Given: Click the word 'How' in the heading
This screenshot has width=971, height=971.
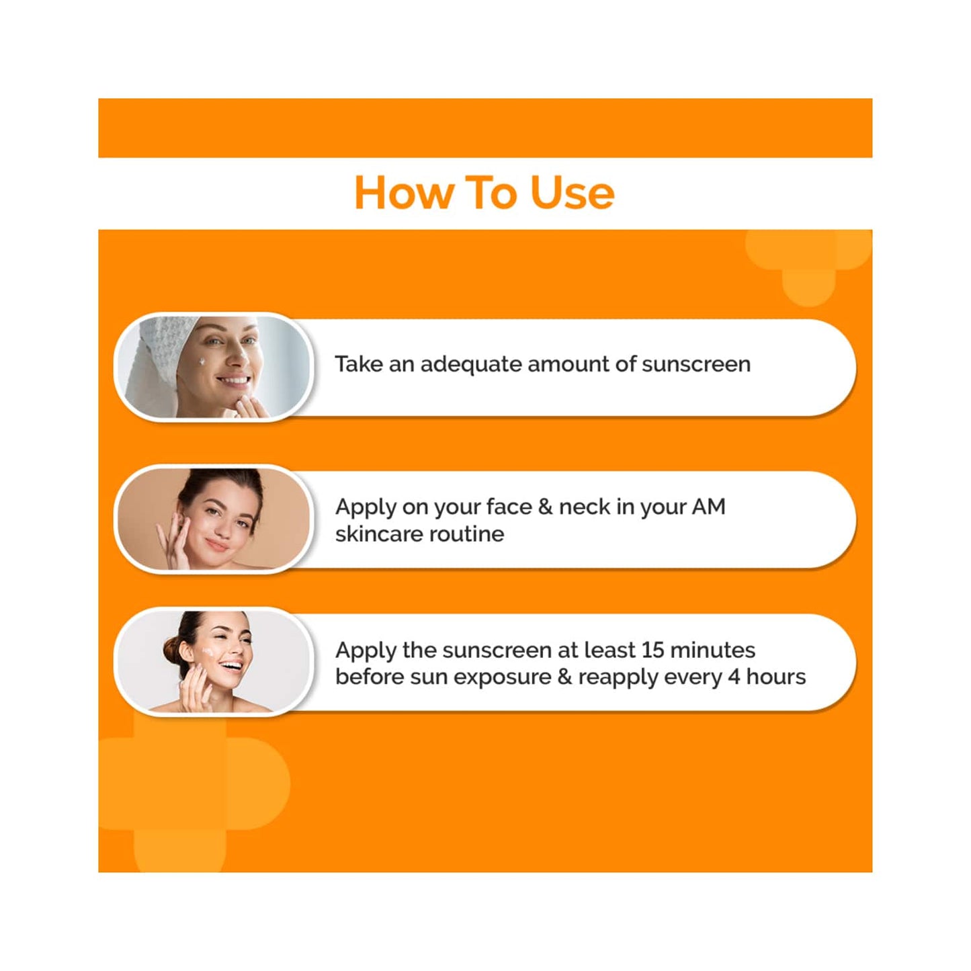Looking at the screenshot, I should click(403, 194).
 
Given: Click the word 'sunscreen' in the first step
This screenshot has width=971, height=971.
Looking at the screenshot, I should click(695, 364).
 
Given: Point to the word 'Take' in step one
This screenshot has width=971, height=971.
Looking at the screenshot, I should click(358, 364).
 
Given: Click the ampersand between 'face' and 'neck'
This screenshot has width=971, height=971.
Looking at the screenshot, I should click(545, 507).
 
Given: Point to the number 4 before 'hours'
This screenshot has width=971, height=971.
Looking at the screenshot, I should click(734, 677).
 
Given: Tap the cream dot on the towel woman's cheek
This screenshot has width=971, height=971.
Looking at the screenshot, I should click(202, 362).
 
